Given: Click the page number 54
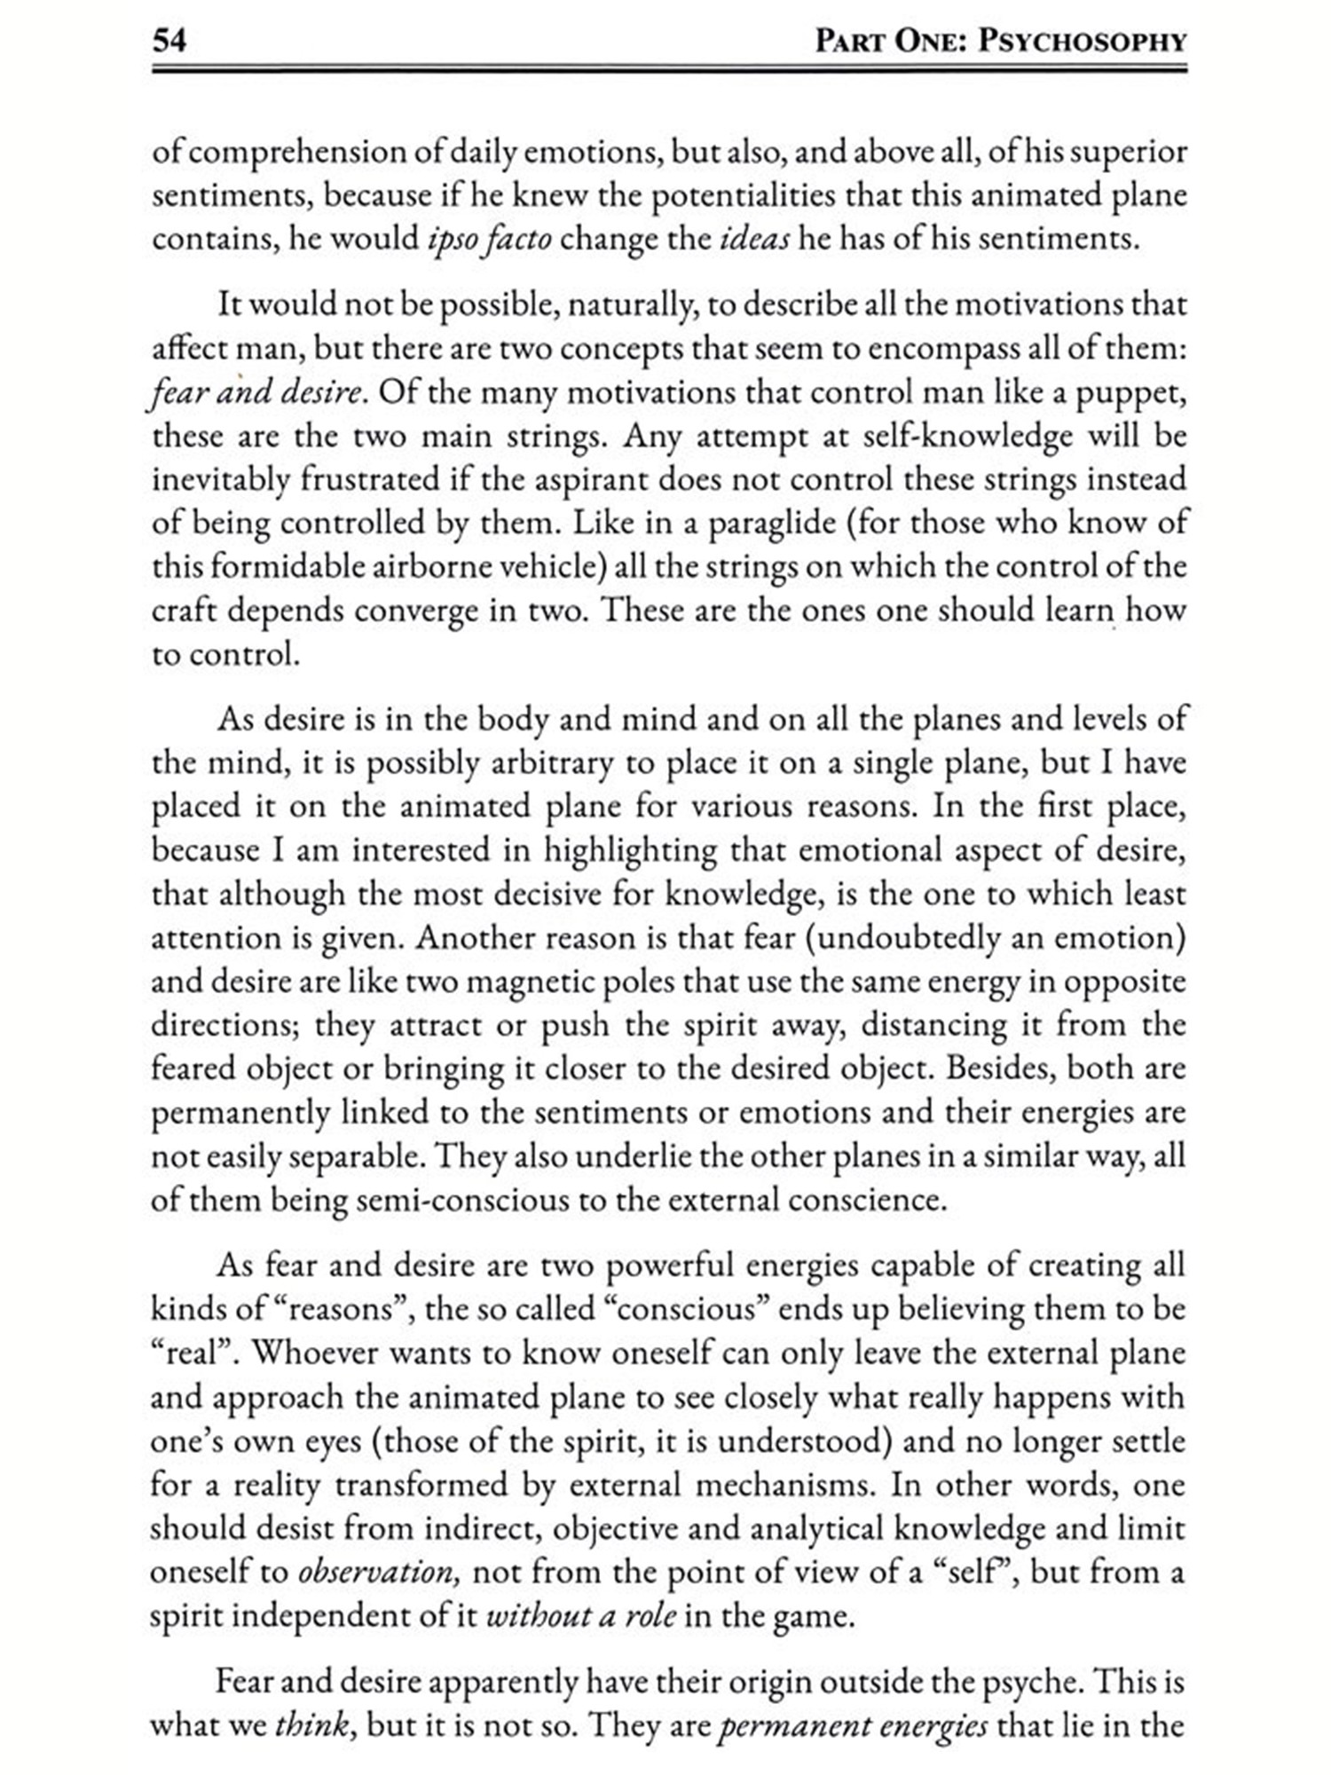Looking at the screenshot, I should pos(169,41).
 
